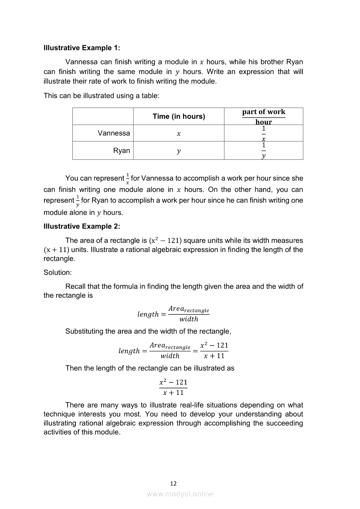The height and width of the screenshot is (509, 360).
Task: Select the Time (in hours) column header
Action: pos(179,116)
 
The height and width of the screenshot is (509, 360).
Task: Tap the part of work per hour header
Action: pos(264,117)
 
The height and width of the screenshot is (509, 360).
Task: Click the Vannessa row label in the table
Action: pos(114,133)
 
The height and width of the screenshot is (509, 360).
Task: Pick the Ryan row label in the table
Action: pos(122,151)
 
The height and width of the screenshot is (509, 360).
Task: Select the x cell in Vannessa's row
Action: pos(179,134)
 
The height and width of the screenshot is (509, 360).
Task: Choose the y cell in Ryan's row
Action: pos(179,151)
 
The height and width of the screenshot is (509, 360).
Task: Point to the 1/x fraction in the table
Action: pos(264,133)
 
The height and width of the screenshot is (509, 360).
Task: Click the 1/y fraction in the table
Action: pos(264,151)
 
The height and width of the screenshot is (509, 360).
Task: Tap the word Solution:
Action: pos(57,273)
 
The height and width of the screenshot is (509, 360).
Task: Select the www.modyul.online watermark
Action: pos(180,494)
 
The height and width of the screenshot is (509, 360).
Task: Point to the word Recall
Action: pos(75,287)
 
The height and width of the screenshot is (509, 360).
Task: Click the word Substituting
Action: pos(85,331)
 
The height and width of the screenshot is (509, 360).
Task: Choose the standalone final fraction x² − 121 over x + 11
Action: pos(173,387)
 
